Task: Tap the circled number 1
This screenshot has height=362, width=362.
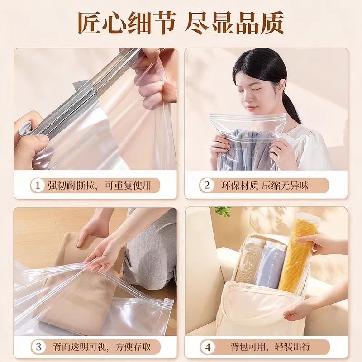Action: coord(38,185)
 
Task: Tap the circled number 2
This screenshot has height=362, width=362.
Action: coord(207,185)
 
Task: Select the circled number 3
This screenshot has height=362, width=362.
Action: coord(38,347)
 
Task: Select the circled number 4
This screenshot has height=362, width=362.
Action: coord(207,347)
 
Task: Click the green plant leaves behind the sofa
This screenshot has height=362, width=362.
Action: coord(222,211)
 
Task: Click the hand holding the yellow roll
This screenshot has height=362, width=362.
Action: coord(317,242)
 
